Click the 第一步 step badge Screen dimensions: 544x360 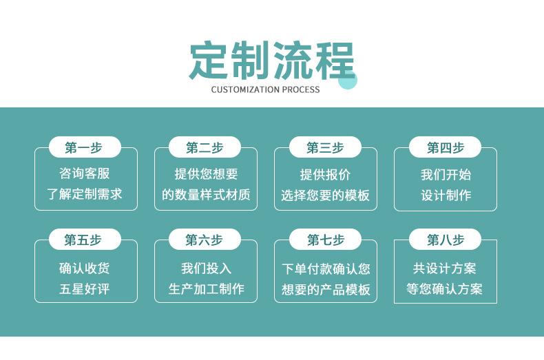[85, 147]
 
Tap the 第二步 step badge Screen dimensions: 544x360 [205, 147]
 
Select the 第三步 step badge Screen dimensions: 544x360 [325, 147]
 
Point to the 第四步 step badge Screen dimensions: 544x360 [445, 147]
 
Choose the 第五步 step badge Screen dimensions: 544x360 [85, 240]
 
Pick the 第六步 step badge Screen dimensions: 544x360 [205, 240]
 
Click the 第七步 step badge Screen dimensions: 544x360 [325, 240]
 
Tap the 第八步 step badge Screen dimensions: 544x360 [445, 240]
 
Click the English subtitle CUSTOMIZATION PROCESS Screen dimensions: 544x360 [265, 89]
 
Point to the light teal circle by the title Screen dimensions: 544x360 [347, 79]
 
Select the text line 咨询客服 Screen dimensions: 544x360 [84, 173]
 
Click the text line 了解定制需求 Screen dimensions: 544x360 [84, 194]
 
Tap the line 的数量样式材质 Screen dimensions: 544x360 [206, 195]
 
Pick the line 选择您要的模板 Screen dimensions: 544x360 [326, 195]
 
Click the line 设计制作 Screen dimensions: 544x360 [446, 195]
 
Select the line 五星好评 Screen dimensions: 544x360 [84, 288]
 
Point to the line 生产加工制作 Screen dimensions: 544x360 [207, 288]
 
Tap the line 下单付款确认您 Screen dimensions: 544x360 [326, 268]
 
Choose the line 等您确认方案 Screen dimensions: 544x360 [444, 288]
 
